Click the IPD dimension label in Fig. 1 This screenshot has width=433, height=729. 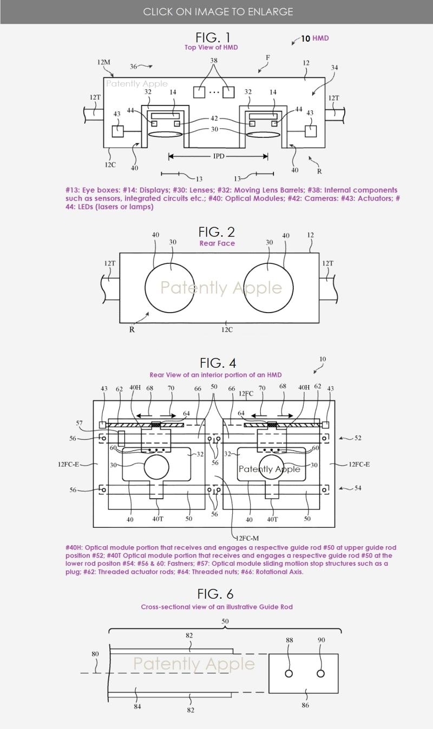218,157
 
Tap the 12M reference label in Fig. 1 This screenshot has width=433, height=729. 103,62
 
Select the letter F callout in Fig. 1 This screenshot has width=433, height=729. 267,58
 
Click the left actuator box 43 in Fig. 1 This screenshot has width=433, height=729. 117,131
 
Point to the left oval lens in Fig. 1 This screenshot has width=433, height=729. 165,134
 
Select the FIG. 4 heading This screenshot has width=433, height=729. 218,362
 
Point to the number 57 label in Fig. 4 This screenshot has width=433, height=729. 80,423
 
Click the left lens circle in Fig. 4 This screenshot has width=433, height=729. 156,467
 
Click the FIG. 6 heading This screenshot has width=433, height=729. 215,594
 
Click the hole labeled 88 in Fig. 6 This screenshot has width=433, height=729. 289,673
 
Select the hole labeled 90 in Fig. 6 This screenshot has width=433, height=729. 320,673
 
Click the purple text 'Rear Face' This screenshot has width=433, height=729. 217,243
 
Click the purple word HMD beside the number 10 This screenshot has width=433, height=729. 320,38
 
